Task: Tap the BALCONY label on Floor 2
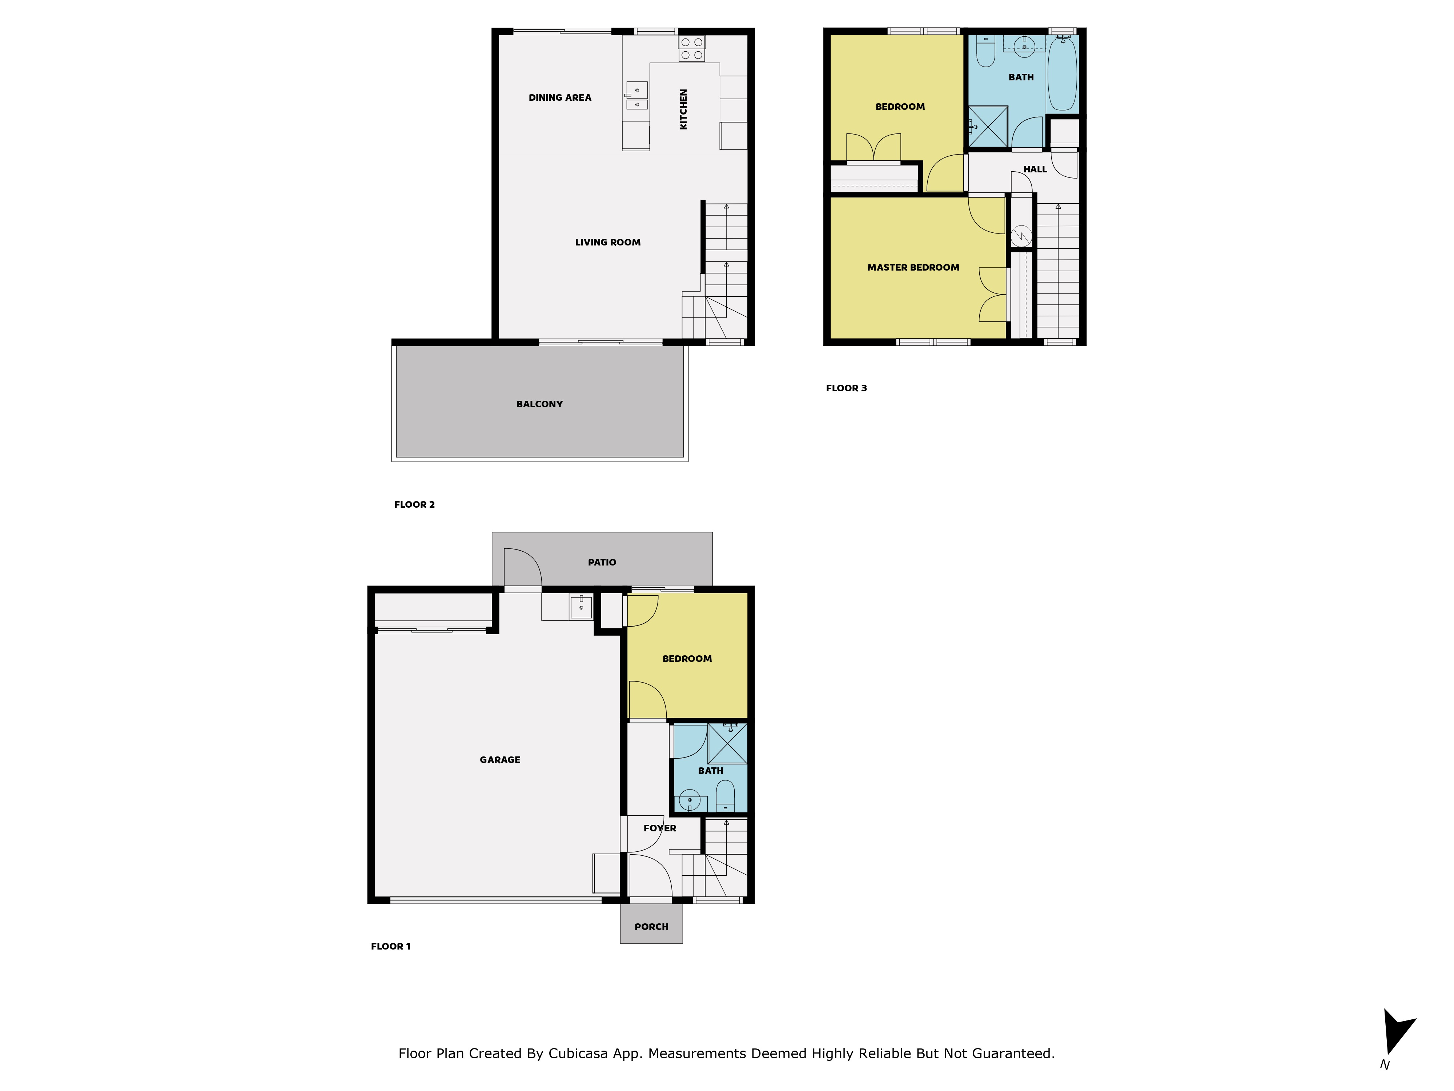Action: (x=539, y=404)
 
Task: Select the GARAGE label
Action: (x=499, y=760)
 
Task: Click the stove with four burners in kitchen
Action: (x=691, y=49)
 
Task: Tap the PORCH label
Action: (x=651, y=927)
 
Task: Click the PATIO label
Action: (x=602, y=562)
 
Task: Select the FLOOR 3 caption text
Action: (x=846, y=388)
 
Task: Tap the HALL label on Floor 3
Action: (x=1035, y=169)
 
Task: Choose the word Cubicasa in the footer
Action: (x=577, y=1054)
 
